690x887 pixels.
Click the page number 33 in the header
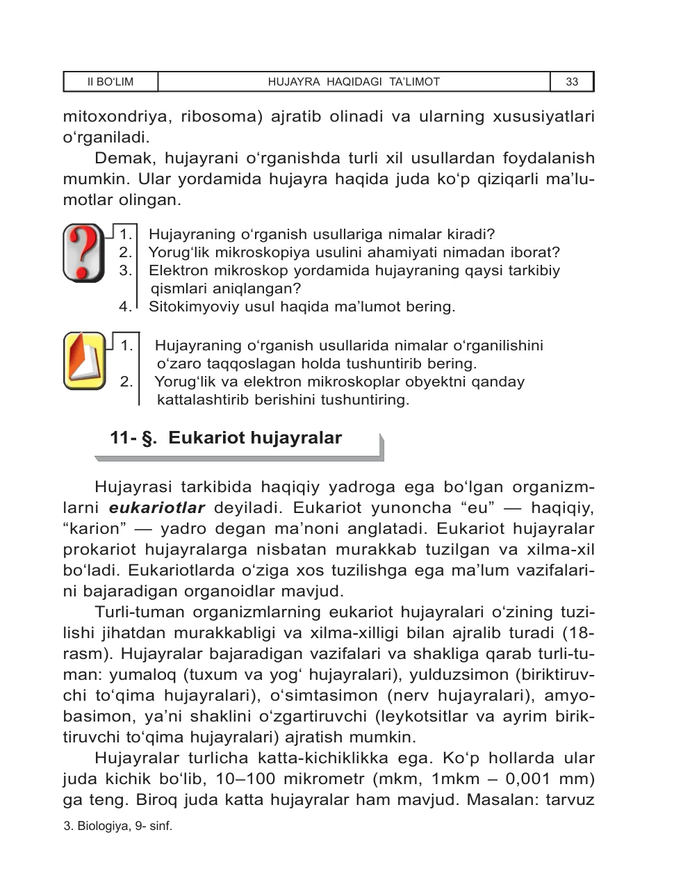(572, 82)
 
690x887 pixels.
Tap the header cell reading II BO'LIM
(110, 82)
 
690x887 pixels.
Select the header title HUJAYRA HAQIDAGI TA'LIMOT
(354, 82)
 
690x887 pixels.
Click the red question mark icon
(83, 252)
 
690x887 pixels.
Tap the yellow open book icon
(83, 360)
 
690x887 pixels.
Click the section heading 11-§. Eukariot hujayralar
(226, 438)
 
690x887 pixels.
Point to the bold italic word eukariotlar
(157, 507)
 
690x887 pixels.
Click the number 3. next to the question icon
(125, 270)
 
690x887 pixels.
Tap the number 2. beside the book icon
(126, 381)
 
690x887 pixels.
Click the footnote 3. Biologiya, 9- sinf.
(117, 827)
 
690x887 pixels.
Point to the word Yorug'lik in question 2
(183, 252)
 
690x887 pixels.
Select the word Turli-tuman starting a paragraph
(140, 612)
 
